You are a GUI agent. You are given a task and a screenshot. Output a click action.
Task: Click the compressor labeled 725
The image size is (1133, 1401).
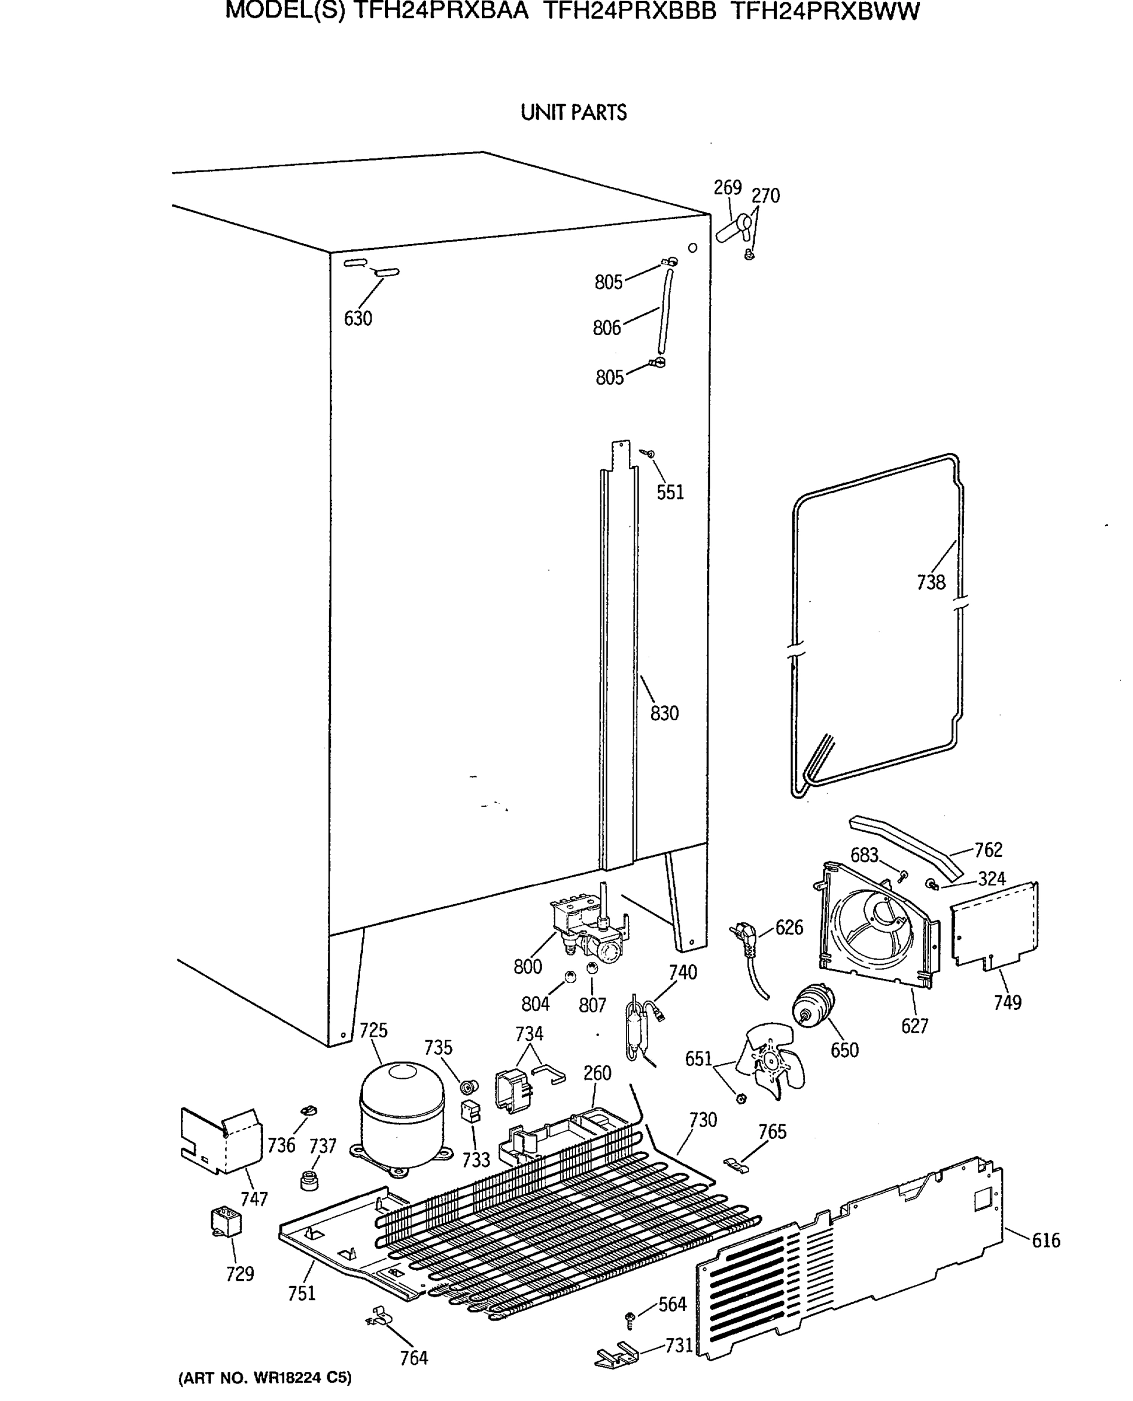[401, 1121]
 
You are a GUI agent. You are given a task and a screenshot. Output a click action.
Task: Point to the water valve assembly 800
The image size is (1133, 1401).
[588, 926]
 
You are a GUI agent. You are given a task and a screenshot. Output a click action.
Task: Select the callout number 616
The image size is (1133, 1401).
[1045, 1240]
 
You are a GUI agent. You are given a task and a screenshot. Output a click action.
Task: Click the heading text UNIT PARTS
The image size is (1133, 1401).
[573, 113]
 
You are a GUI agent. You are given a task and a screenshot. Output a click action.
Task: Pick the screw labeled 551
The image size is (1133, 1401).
[648, 453]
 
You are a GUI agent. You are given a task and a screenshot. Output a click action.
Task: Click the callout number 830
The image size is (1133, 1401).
[665, 713]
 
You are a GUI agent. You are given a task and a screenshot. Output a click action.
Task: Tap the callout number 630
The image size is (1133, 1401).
[358, 319]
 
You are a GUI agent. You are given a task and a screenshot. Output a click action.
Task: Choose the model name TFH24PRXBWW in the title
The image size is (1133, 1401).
[824, 11]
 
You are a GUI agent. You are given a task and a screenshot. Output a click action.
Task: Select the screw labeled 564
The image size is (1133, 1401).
[631, 1320]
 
